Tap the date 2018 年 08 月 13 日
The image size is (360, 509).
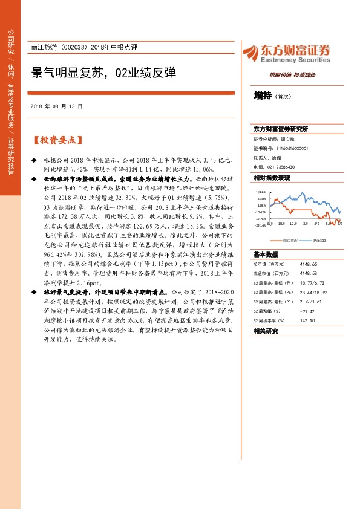(x=56, y=106)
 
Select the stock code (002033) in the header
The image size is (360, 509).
(x=76, y=47)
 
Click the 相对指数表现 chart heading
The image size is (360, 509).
(x=272, y=178)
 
